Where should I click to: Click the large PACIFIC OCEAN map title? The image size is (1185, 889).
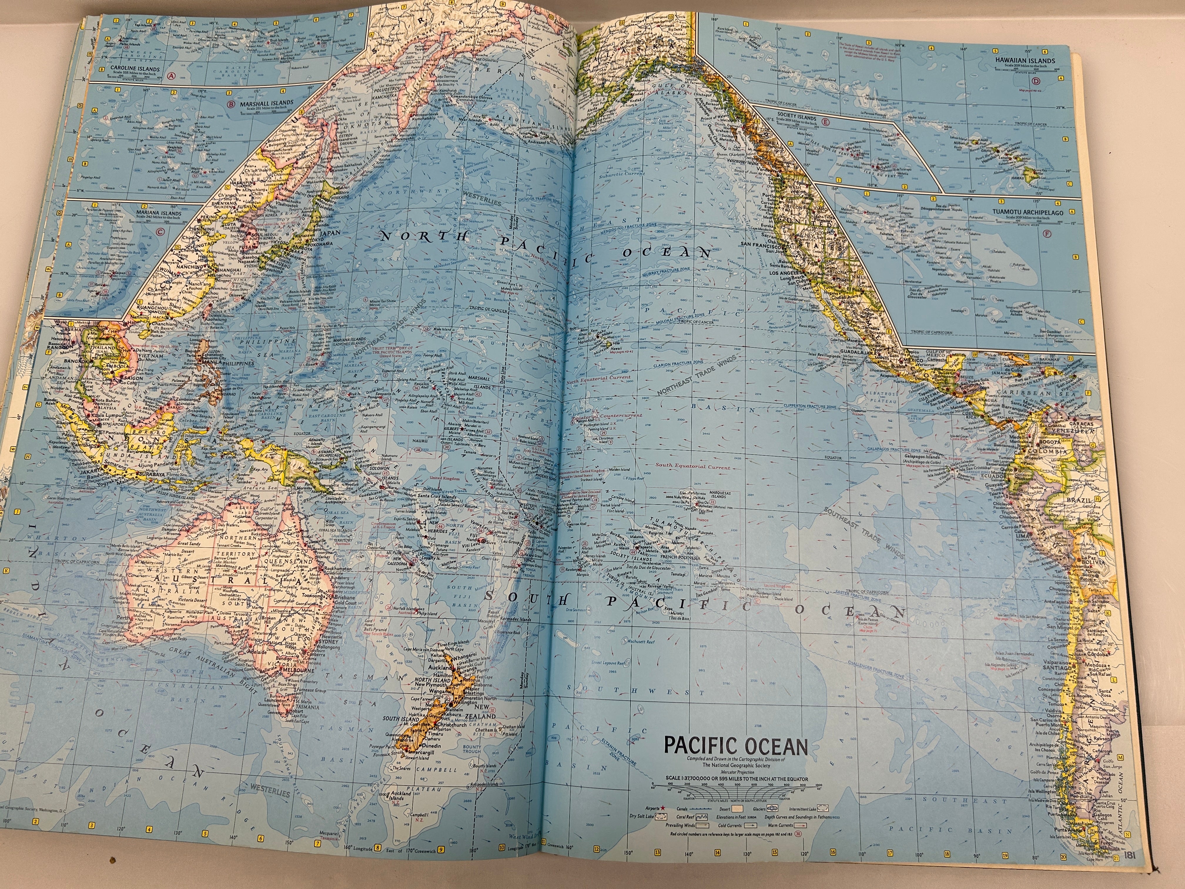(736, 746)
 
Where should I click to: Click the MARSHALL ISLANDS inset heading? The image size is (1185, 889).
(266, 102)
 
